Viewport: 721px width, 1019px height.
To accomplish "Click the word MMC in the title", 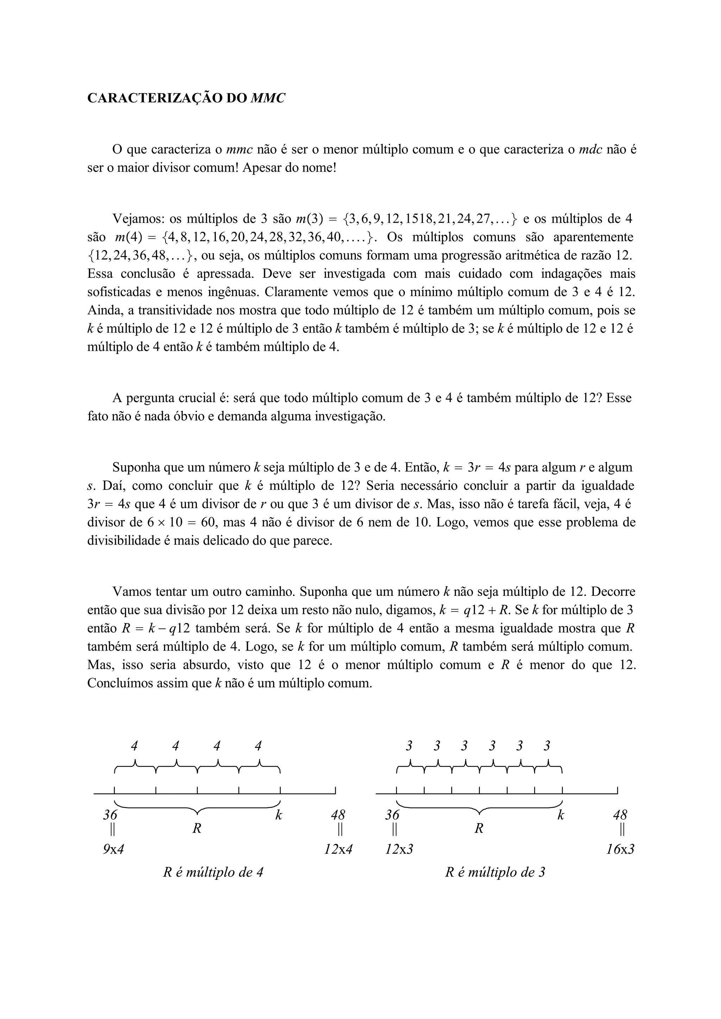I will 268,98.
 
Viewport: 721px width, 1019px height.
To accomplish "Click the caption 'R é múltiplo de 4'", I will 213,872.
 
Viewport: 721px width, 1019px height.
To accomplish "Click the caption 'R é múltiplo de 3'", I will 495,872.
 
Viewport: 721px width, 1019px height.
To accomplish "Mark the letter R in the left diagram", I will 197,828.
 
